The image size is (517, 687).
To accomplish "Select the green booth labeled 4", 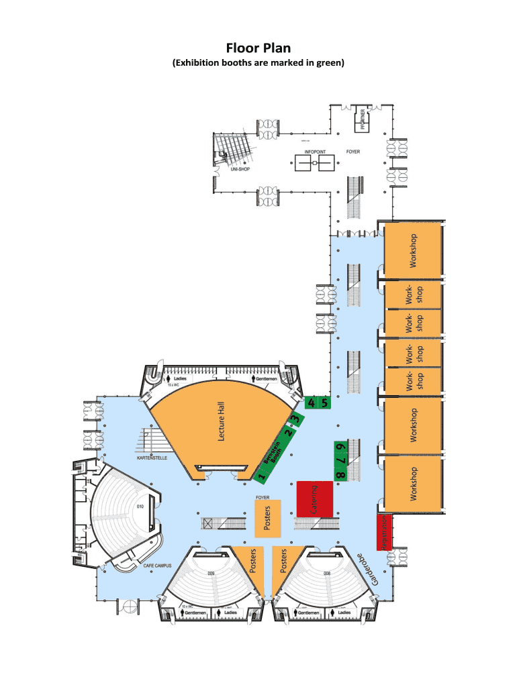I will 312,403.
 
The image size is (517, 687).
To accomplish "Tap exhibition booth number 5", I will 325,403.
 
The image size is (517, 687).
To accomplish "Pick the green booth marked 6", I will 340,447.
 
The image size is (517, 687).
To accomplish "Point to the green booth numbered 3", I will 295,421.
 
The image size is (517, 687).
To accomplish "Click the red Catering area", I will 315,500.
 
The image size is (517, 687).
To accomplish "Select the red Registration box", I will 383,533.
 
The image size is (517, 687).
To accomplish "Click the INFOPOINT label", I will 315,152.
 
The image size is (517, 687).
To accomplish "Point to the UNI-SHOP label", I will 232,169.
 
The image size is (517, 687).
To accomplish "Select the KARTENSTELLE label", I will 155,458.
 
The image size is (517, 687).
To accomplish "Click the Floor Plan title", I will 258,48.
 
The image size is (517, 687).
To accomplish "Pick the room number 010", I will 140,505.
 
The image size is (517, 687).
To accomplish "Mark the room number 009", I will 211,574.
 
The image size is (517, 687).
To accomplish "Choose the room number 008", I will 327,574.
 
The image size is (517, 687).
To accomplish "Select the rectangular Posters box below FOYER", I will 267,517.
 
